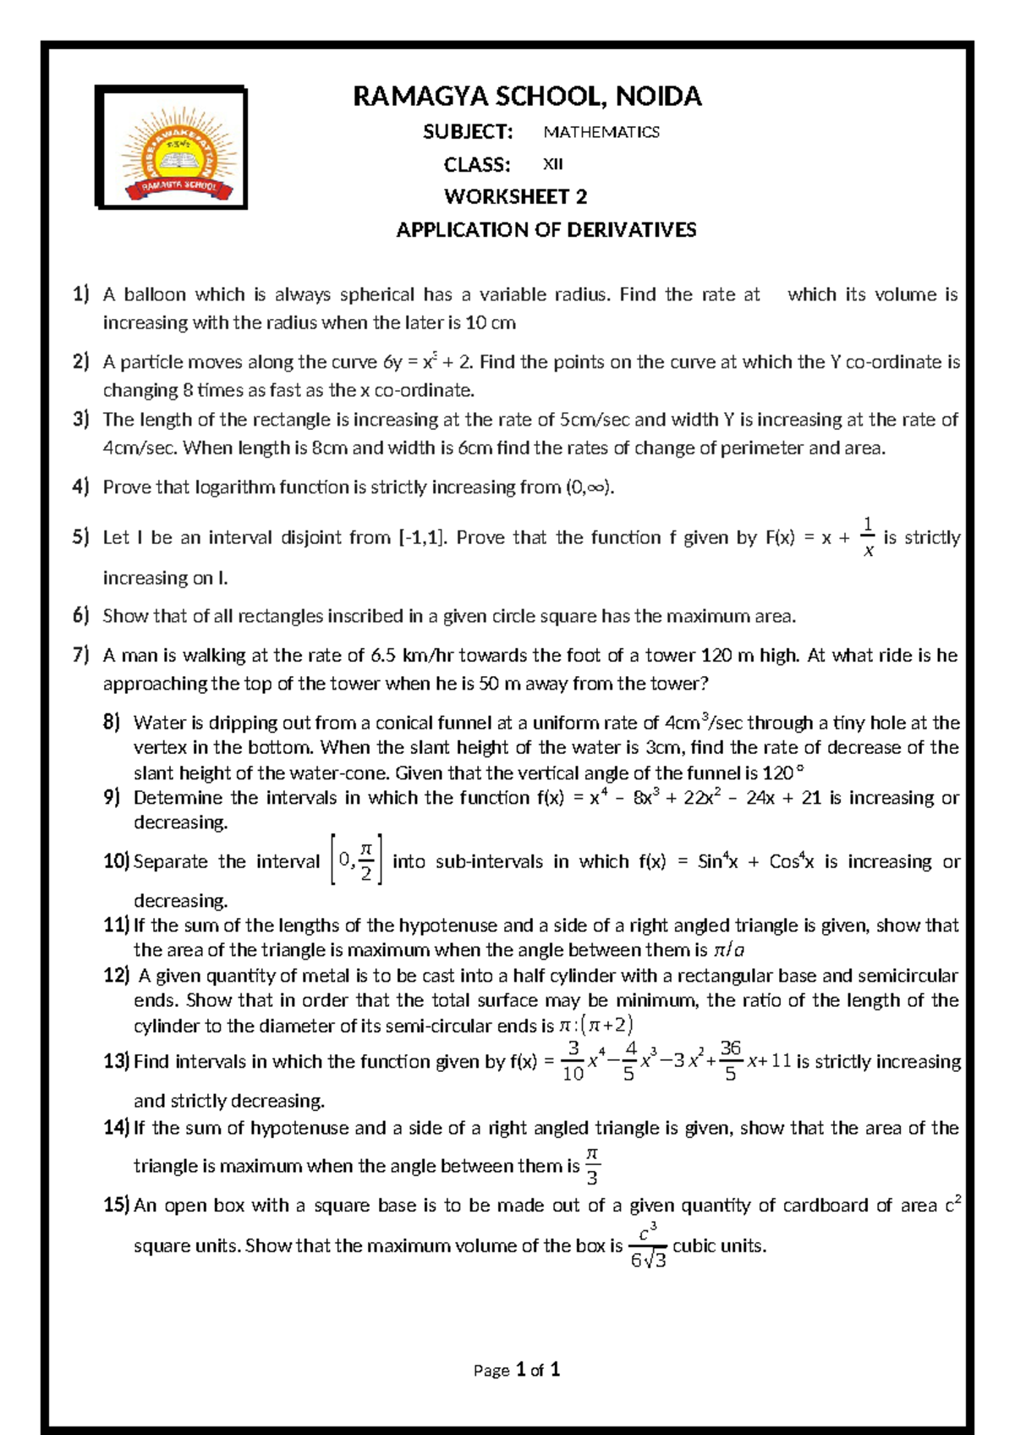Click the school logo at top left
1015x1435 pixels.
tap(171, 147)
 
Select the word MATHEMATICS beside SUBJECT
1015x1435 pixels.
tap(601, 132)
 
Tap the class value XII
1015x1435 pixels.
tap(552, 164)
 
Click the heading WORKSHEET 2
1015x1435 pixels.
tap(515, 197)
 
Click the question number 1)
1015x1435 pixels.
tap(80, 294)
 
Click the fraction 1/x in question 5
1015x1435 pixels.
tap(867, 537)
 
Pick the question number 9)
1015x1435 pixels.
tap(112, 797)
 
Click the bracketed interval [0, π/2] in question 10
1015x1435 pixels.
tap(356, 860)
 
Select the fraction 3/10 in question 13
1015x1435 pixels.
tap(573, 1061)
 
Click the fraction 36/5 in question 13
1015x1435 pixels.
tap(730, 1061)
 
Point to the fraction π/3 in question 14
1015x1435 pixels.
tap(592, 1166)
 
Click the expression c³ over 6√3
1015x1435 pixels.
tap(648, 1245)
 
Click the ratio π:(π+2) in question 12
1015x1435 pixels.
tap(595, 1025)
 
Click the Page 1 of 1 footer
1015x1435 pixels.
tap(517, 1370)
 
